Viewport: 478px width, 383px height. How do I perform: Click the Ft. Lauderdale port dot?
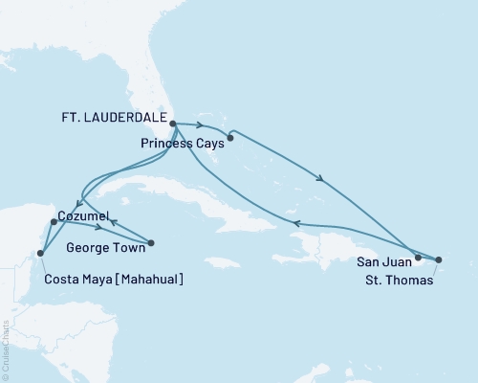[x=173, y=124]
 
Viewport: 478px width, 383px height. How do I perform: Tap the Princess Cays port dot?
[x=230, y=138]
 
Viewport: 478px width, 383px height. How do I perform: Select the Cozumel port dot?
[x=54, y=222]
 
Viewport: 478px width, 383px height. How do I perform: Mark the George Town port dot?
[x=151, y=242]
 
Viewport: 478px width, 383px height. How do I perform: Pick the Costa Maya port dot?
[x=40, y=254]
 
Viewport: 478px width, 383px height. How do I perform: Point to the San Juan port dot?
[x=418, y=258]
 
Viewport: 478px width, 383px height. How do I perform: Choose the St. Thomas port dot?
[x=439, y=259]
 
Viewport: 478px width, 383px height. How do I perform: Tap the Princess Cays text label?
[x=182, y=143]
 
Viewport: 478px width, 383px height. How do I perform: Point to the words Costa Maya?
[x=75, y=279]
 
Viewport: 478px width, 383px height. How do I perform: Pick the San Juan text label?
[x=383, y=260]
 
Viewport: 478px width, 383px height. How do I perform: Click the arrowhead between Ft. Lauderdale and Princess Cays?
[x=198, y=124]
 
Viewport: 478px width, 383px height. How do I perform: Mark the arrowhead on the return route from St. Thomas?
[x=295, y=223]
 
